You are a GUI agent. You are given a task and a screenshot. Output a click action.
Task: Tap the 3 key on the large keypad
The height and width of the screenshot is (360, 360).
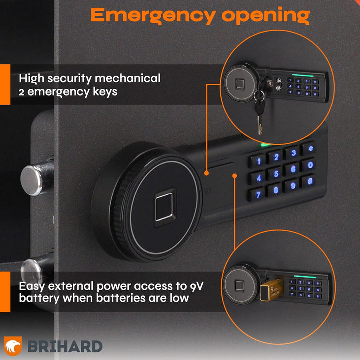click(294, 153)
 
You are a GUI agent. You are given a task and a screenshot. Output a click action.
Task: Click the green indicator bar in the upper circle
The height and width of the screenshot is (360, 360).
click(301, 76)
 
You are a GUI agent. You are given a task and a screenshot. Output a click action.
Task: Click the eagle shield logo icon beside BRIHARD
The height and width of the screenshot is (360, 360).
click(13, 345)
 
